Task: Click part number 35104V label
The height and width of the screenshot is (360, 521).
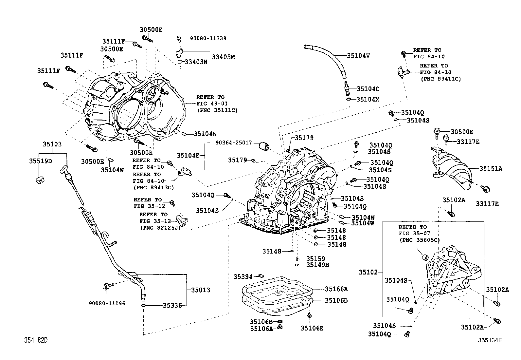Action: click(x=358, y=56)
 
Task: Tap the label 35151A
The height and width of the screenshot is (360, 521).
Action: click(x=491, y=169)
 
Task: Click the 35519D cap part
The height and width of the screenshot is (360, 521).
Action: click(x=40, y=180)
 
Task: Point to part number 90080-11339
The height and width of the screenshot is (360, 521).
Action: click(x=208, y=38)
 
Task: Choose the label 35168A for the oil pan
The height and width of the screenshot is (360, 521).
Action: click(x=336, y=289)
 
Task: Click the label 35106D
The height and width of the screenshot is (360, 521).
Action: click(x=336, y=300)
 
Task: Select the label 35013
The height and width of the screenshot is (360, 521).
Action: click(x=201, y=290)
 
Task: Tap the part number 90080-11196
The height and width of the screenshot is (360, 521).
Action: click(x=107, y=303)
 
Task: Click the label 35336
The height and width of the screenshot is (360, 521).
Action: click(x=172, y=306)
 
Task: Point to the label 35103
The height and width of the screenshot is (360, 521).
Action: click(x=52, y=144)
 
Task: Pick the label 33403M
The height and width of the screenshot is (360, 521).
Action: click(x=223, y=57)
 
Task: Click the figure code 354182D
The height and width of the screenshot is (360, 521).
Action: click(x=36, y=340)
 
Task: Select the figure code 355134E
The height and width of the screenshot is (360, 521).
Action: click(x=490, y=340)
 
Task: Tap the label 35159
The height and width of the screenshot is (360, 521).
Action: click(x=315, y=259)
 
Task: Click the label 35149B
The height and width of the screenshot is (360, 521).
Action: click(x=317, y=265)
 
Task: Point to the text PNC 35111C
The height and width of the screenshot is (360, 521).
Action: click(x=218, y=110)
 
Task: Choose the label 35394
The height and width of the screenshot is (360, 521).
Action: click(x=243, y=277)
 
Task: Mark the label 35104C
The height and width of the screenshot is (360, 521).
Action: click(x=368, y=89)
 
